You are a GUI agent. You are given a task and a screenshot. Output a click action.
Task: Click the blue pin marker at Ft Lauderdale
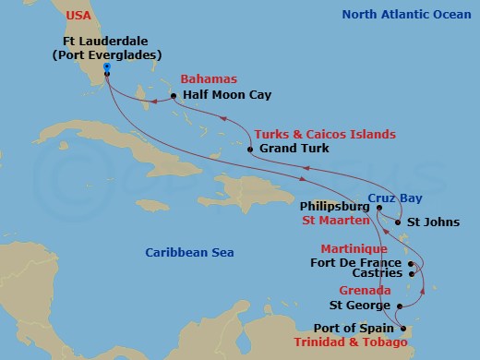pos(107,68)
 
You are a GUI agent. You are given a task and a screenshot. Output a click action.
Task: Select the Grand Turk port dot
pos(250,148)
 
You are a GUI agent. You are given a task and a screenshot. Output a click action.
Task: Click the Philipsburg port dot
pos(378,208)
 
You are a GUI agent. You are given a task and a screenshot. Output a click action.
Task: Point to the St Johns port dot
pos(397,222)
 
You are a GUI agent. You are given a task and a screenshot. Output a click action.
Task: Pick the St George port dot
pos(398,305)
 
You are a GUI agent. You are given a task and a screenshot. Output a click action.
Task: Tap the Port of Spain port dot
pos(398,327)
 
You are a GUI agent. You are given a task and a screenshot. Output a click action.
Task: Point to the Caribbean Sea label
pos(191,252)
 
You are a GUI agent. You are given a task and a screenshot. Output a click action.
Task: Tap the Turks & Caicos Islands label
pos(325,134)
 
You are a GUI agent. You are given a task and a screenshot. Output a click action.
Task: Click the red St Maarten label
pos(337,222)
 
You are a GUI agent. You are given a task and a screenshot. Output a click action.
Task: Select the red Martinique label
pos(352,249)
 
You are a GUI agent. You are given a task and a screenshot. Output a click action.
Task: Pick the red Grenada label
pos(361,289)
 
